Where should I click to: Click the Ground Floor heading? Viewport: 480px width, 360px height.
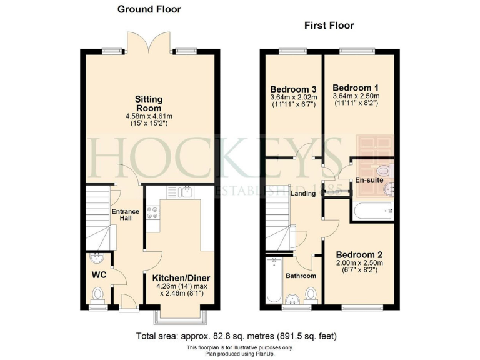[149, 9]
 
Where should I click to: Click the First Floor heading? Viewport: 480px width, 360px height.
[329, 26]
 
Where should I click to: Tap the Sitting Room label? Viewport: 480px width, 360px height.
[149, 104]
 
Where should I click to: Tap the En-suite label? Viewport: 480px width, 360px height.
[369, 181]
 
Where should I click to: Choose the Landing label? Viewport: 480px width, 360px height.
[303, 194]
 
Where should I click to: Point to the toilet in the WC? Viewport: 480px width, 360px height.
[97, 294]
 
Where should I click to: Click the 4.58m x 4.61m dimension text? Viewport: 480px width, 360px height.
[149, 116]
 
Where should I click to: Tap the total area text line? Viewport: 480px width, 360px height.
[239, 336]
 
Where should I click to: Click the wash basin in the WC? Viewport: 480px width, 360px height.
[97, 258]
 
